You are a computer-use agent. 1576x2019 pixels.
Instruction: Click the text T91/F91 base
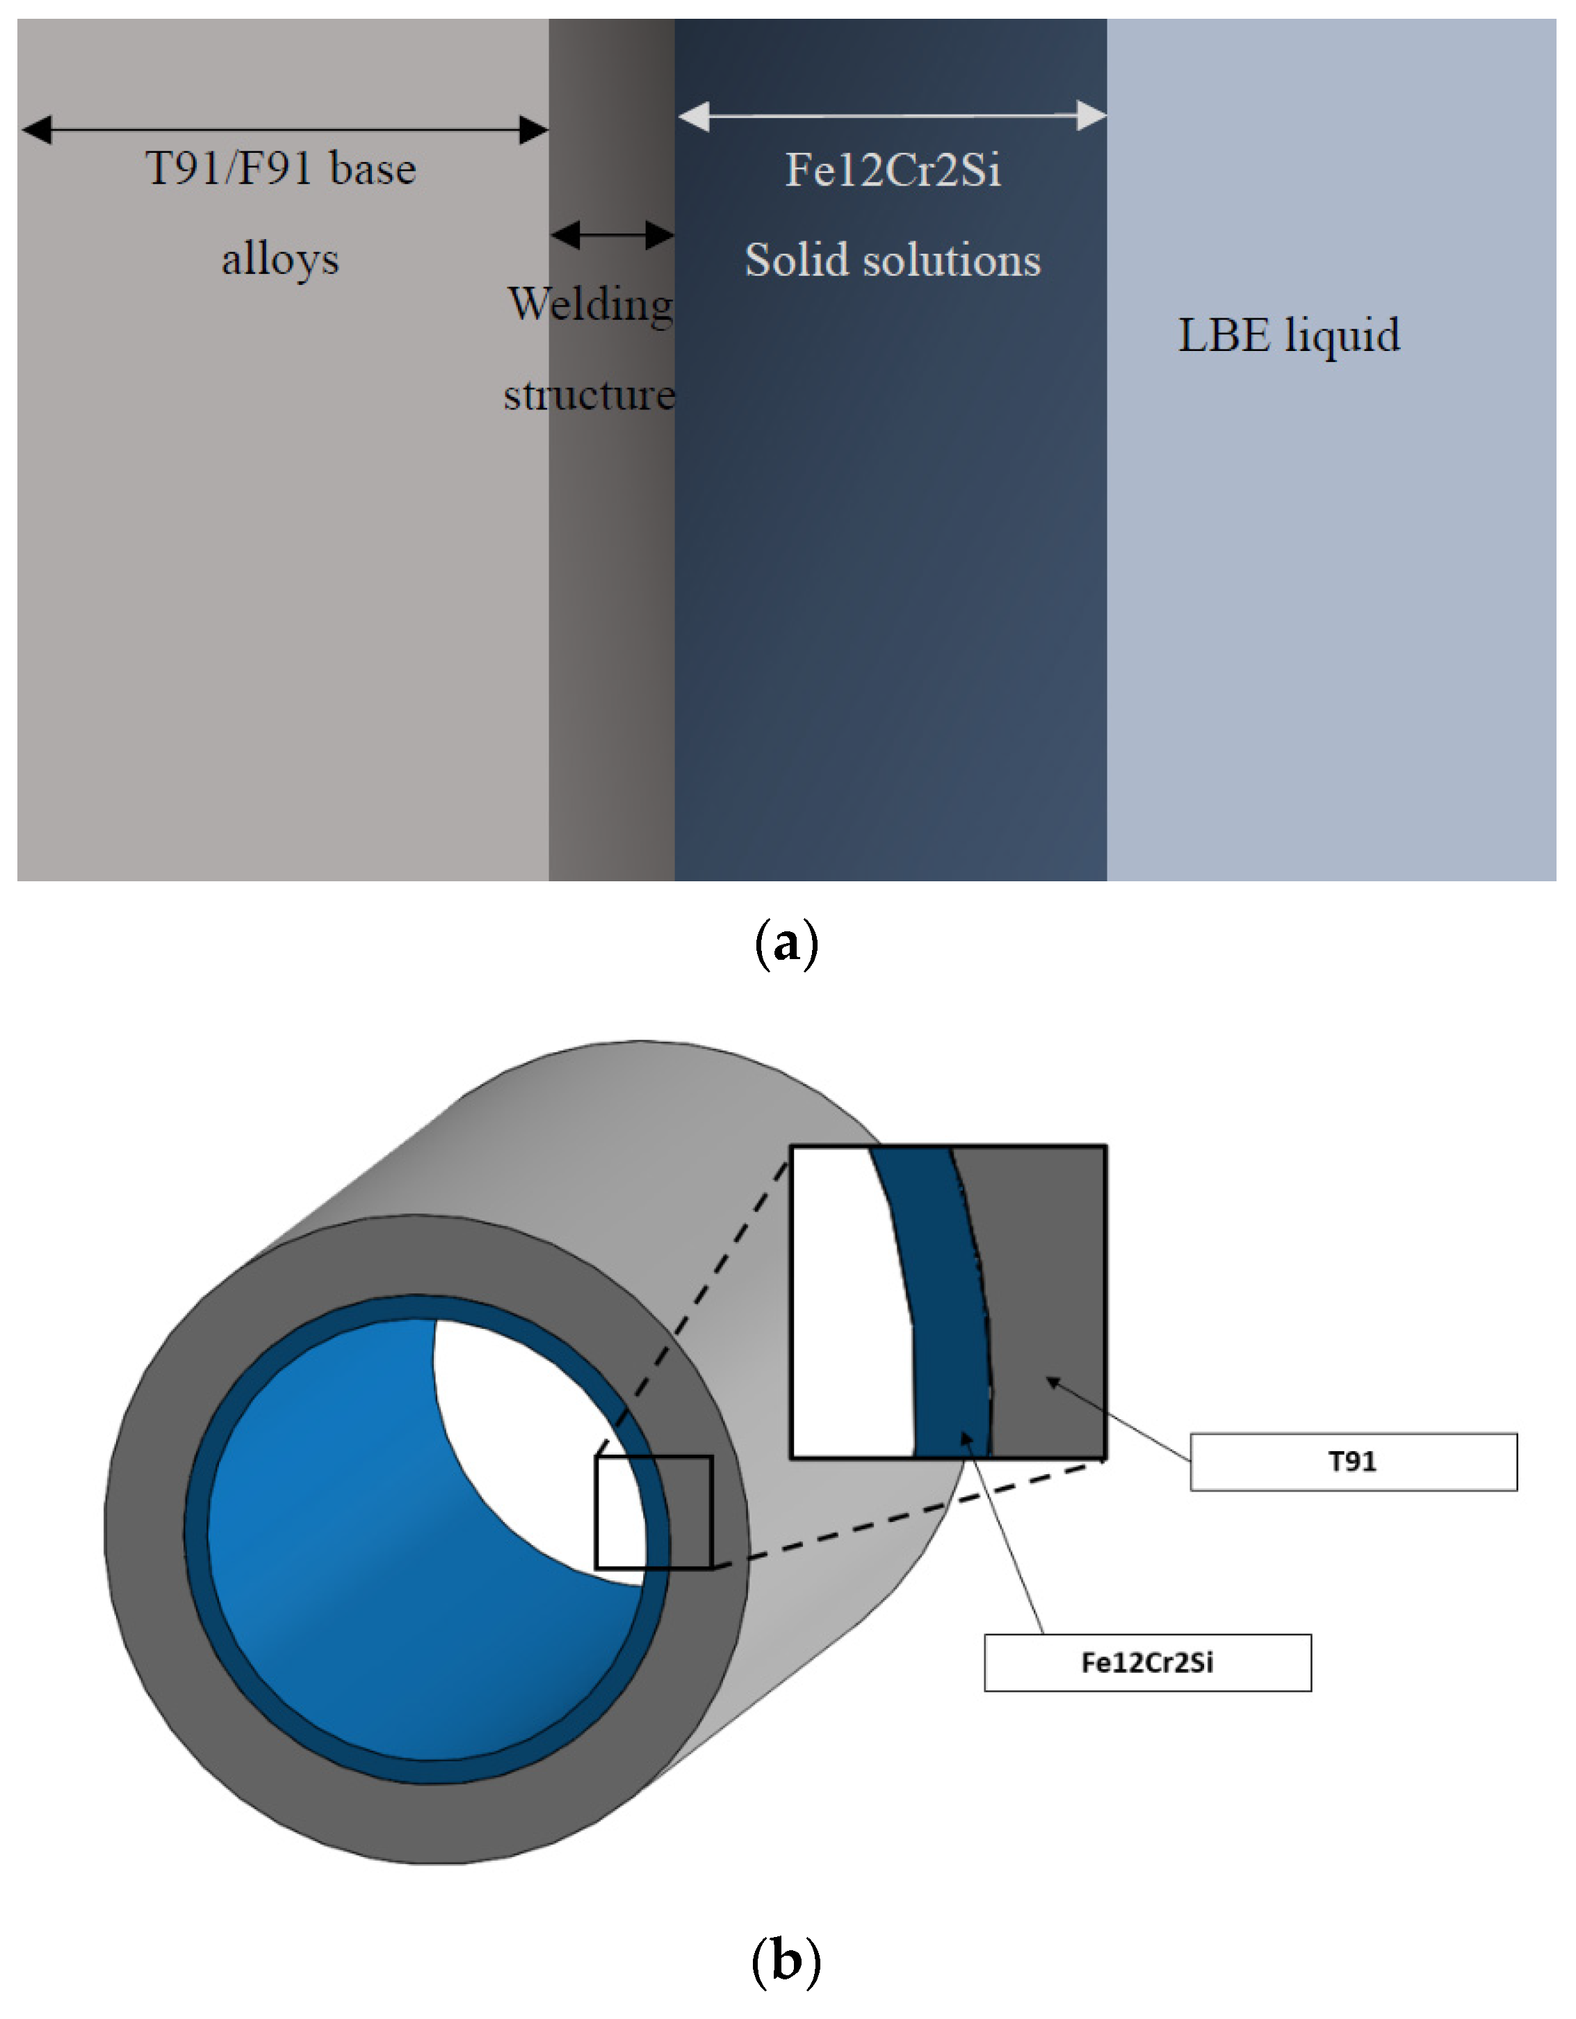(x=281, y=169)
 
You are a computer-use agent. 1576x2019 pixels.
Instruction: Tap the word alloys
(x=280, y=260)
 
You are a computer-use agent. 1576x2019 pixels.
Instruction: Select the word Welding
(x=590, y=304)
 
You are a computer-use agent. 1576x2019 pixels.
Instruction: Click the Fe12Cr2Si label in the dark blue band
(x=893, y=170)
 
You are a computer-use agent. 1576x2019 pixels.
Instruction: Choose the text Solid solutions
(x=893, y=261)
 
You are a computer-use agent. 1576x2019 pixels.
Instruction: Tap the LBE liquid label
(x=1288, y=336)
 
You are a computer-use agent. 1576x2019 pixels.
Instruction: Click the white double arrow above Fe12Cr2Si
(x=892, y=117)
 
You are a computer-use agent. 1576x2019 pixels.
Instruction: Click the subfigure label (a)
(x=786, y=944)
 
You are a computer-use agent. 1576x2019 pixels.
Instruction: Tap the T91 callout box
(x=1352, y=1462)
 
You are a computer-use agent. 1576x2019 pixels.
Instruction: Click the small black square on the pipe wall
(x=653, y=1512)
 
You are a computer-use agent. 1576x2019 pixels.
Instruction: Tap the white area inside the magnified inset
(x=846, y=1313)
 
